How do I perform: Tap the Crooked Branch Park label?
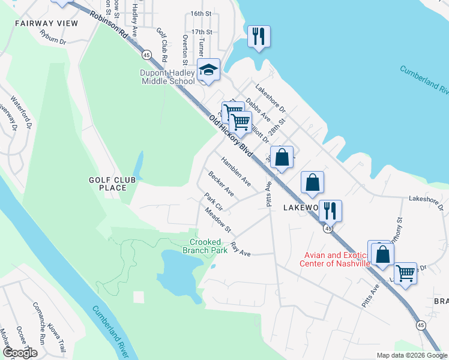[205, 246]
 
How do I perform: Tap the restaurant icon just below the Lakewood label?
[330, 211]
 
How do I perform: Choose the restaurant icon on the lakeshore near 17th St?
[259, 36]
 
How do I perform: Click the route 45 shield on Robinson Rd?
[146, 55]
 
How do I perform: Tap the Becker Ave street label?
[221, 184]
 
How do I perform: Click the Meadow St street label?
[217, 220]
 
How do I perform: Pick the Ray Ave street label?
[240, 250]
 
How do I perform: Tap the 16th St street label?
[201, 13]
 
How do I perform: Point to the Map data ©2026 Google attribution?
[411, 355]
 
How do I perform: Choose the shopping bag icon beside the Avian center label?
[382, 254]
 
